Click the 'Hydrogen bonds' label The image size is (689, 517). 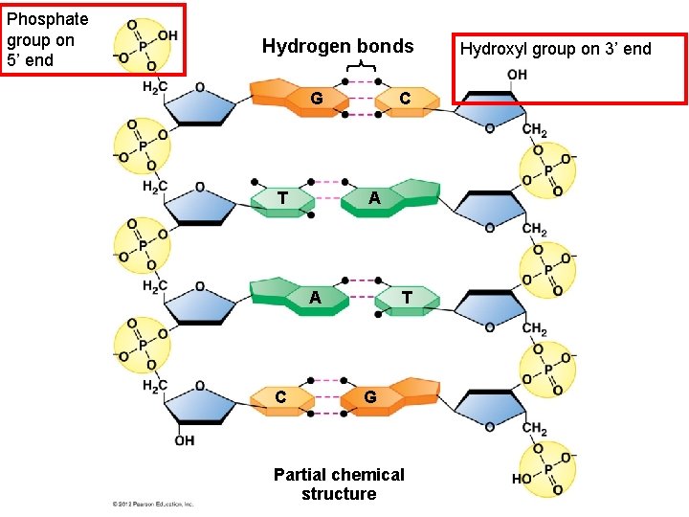[x=338, y=46]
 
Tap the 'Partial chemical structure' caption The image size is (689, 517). [x=338, y=484]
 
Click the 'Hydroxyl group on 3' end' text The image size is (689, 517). [x=555, y=49]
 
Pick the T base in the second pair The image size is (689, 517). [x=283, y=198]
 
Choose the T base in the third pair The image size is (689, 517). [x=407, y=298]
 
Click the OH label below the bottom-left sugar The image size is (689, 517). [x=184, y=440]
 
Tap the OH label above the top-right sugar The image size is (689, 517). [x=517, y=75]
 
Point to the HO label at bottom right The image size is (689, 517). [x=522, y=479]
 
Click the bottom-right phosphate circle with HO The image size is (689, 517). [x=547, y=469]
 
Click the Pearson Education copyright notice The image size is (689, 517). [x=153, y=504]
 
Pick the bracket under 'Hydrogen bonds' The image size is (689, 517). [x=360, y=65]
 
